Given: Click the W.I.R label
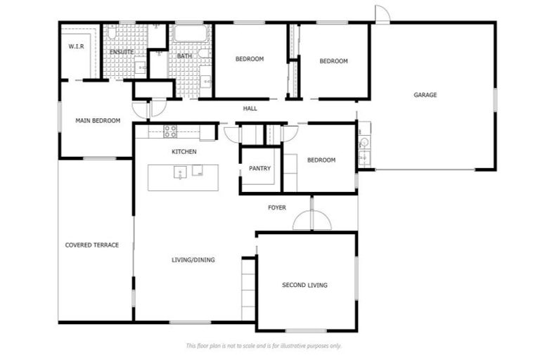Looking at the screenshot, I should [75, 46].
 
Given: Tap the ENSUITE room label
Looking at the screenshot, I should [122, 51].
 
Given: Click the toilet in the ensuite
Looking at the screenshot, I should [112, 32].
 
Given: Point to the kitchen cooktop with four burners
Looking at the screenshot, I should [170, 131].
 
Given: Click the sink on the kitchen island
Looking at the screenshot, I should [181, 172].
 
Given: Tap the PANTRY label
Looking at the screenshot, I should [259, 169].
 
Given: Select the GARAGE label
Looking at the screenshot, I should [425, 95].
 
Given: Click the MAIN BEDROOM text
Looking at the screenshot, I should [98, 121].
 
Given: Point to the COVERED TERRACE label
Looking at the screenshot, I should [91, 245].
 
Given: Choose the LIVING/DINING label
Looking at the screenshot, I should [193, 259].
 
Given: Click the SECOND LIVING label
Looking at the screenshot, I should [304, 285].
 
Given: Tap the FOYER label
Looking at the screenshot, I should [277, 207].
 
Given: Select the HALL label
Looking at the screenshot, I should [250, 109].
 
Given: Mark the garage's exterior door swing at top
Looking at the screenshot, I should [380, 14].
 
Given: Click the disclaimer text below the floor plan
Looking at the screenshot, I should [264, 346].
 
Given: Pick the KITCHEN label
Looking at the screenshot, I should [184, 152].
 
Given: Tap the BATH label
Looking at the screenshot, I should [184, 56].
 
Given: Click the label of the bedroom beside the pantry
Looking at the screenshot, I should [321, 160].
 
